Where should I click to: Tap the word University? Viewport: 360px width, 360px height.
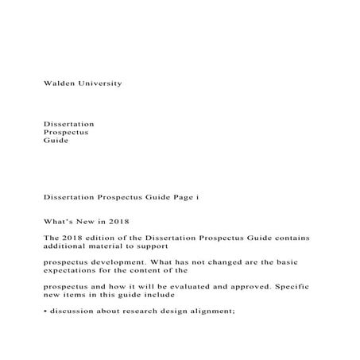coord(100,83)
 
